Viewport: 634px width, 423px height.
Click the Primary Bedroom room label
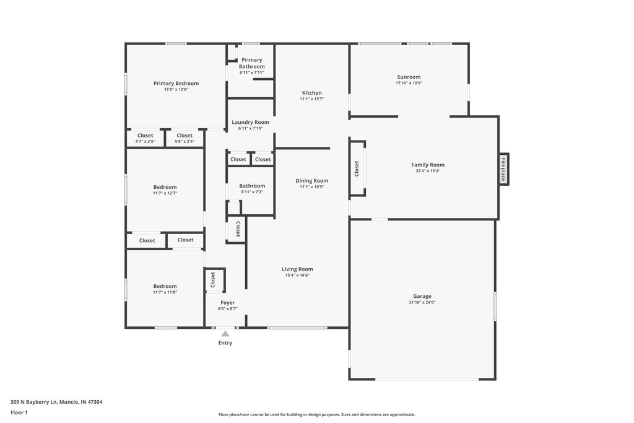176,83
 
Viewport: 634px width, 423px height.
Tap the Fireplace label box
504,169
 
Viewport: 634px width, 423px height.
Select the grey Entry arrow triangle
225,334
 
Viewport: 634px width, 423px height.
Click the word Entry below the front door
225,342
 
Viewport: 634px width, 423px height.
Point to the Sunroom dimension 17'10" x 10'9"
409,83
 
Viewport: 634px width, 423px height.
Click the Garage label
422,296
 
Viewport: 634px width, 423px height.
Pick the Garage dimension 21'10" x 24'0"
422,303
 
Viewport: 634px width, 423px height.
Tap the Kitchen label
311,93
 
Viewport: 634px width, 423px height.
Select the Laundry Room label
250,122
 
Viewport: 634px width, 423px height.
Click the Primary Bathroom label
251,63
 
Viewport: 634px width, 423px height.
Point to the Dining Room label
311,181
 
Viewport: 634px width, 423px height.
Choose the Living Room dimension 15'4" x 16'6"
297,276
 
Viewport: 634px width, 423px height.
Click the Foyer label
227,303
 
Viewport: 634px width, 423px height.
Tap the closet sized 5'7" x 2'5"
145,139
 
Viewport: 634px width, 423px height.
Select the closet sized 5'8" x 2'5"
185,139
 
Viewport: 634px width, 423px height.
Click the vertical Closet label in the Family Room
357,168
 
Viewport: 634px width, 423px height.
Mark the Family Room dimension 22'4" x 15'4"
428,172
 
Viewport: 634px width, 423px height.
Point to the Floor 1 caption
19,412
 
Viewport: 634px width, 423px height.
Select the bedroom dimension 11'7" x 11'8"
165,292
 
